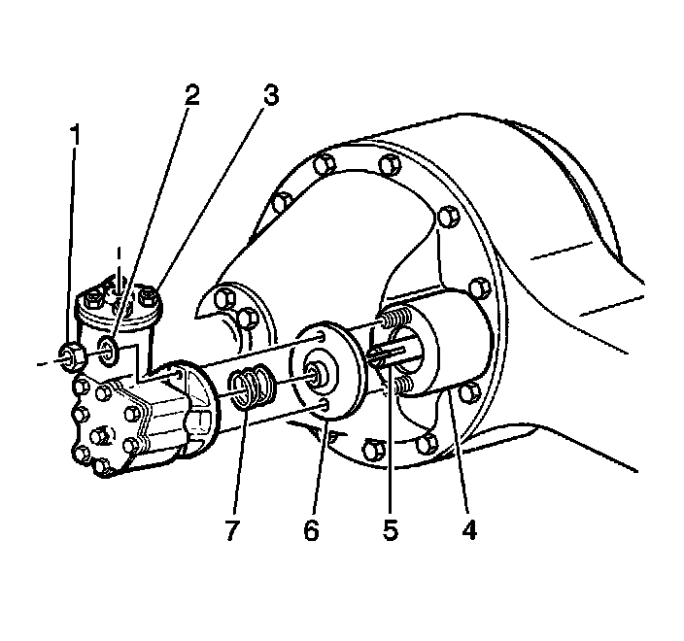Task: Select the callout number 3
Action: [270, 95]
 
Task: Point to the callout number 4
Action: [469, 530]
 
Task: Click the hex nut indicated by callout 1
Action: [72, 354]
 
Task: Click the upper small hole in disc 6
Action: [320, 338]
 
